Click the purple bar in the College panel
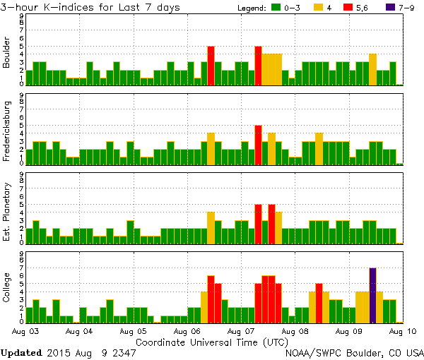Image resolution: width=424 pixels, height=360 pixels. pos(372,294)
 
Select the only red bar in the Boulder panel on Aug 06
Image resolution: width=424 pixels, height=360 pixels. pos(211,65)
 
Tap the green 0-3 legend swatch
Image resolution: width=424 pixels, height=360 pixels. pos(276,7)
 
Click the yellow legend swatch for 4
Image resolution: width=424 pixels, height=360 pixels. pos(318,7)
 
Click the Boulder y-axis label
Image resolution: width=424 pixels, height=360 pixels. pos(7,52)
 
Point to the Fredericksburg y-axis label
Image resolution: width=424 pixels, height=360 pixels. pos(7,132)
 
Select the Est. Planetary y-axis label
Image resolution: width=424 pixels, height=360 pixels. pos(7,211)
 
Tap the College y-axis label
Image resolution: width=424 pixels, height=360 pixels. pos(7,290)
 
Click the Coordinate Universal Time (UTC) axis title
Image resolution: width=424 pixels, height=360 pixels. pos(212,341)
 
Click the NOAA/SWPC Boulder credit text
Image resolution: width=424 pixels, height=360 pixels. pos(354,352)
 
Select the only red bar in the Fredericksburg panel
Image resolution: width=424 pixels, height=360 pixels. pos(258,144)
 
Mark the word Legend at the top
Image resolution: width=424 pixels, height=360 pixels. pos(252,7)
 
